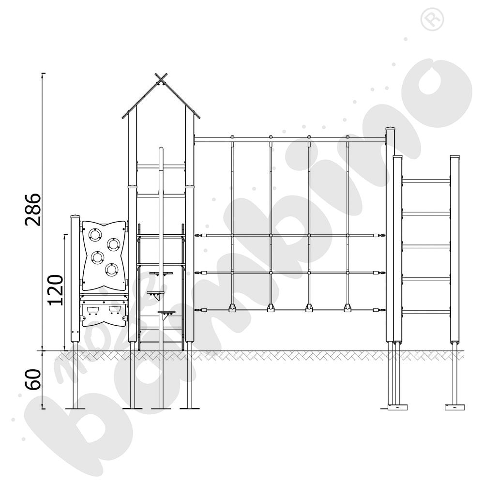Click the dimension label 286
[33, 210]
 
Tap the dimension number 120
[55, 290]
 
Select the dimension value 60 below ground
[33, 379]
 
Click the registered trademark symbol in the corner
[432, 19]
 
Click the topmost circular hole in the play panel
[94, 234]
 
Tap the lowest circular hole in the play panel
[111, 269]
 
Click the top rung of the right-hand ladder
[426, 181]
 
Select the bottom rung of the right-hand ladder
[426, 312]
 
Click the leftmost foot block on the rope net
[232, 308]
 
